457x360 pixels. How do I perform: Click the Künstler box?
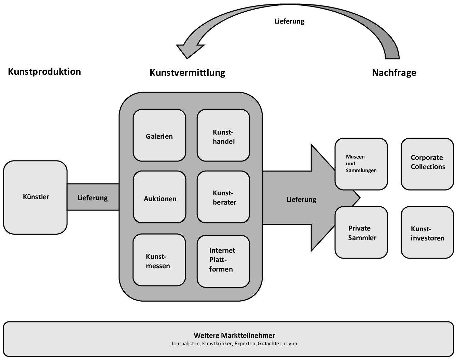36,197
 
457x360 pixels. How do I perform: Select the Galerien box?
159,136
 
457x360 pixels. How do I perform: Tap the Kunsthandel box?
223,136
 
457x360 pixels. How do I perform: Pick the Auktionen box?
160,197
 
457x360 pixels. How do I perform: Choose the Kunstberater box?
223,197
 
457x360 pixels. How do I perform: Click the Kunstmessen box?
159,260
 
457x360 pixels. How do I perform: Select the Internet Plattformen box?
223,261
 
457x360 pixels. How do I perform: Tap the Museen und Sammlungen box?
361,164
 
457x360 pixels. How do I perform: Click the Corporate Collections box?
427,164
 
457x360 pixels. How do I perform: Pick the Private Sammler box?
361,232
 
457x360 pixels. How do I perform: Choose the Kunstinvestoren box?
427,232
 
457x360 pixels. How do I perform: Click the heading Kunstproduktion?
44,72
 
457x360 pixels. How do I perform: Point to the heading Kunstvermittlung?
188,73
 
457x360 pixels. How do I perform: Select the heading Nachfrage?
394,73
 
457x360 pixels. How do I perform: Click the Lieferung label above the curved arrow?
289,21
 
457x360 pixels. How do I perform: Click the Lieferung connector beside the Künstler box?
93,197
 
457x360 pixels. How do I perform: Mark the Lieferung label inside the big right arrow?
301,199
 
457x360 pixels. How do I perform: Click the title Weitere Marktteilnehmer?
234,335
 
